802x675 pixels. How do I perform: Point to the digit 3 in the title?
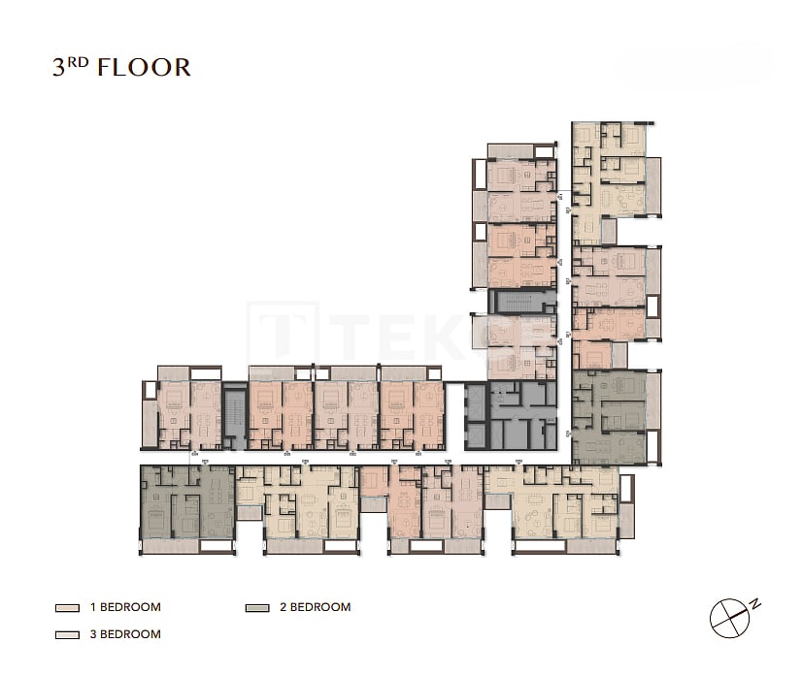click(60, 68)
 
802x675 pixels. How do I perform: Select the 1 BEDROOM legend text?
click(125, 608)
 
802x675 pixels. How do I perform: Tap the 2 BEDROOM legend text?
click(316, 608)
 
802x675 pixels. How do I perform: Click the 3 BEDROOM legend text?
click(125, 634)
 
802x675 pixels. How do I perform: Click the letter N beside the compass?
click(755, 604)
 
